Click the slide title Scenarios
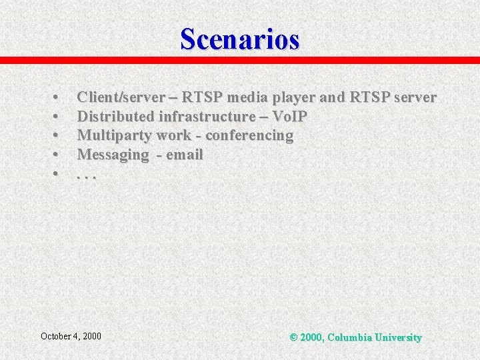pyautogui.click(x=240, y=39)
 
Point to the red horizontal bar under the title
pyautogui.click(x=240, y=60)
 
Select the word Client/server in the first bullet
pyautogui.click(x=120, y=97)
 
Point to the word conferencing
pyautogui.click(x=249, y=136)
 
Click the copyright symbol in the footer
pyautogui.click(x=293, y=337)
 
